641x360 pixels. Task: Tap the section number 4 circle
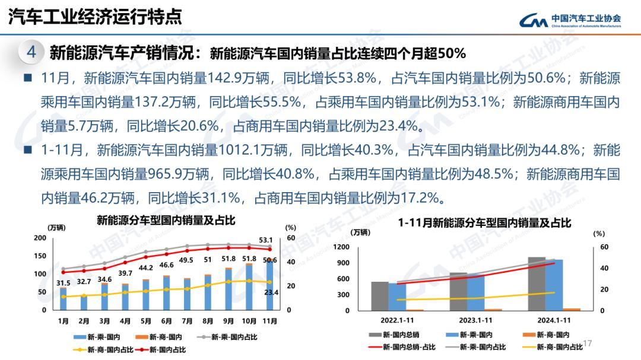tap(32, 52)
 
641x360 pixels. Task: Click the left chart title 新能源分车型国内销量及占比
tap(166, 221)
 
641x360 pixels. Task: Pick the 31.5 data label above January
tap(63, 283)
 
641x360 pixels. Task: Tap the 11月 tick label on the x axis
tap(269, 321)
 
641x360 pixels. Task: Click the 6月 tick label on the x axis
tap(166, 321)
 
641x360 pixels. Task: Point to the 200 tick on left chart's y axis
tap(40, 238)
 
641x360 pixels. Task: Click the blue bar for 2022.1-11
tap(398, 296)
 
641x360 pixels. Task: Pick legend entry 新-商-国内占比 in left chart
tap(104, 350)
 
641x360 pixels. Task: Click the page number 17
tap(589, 343)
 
